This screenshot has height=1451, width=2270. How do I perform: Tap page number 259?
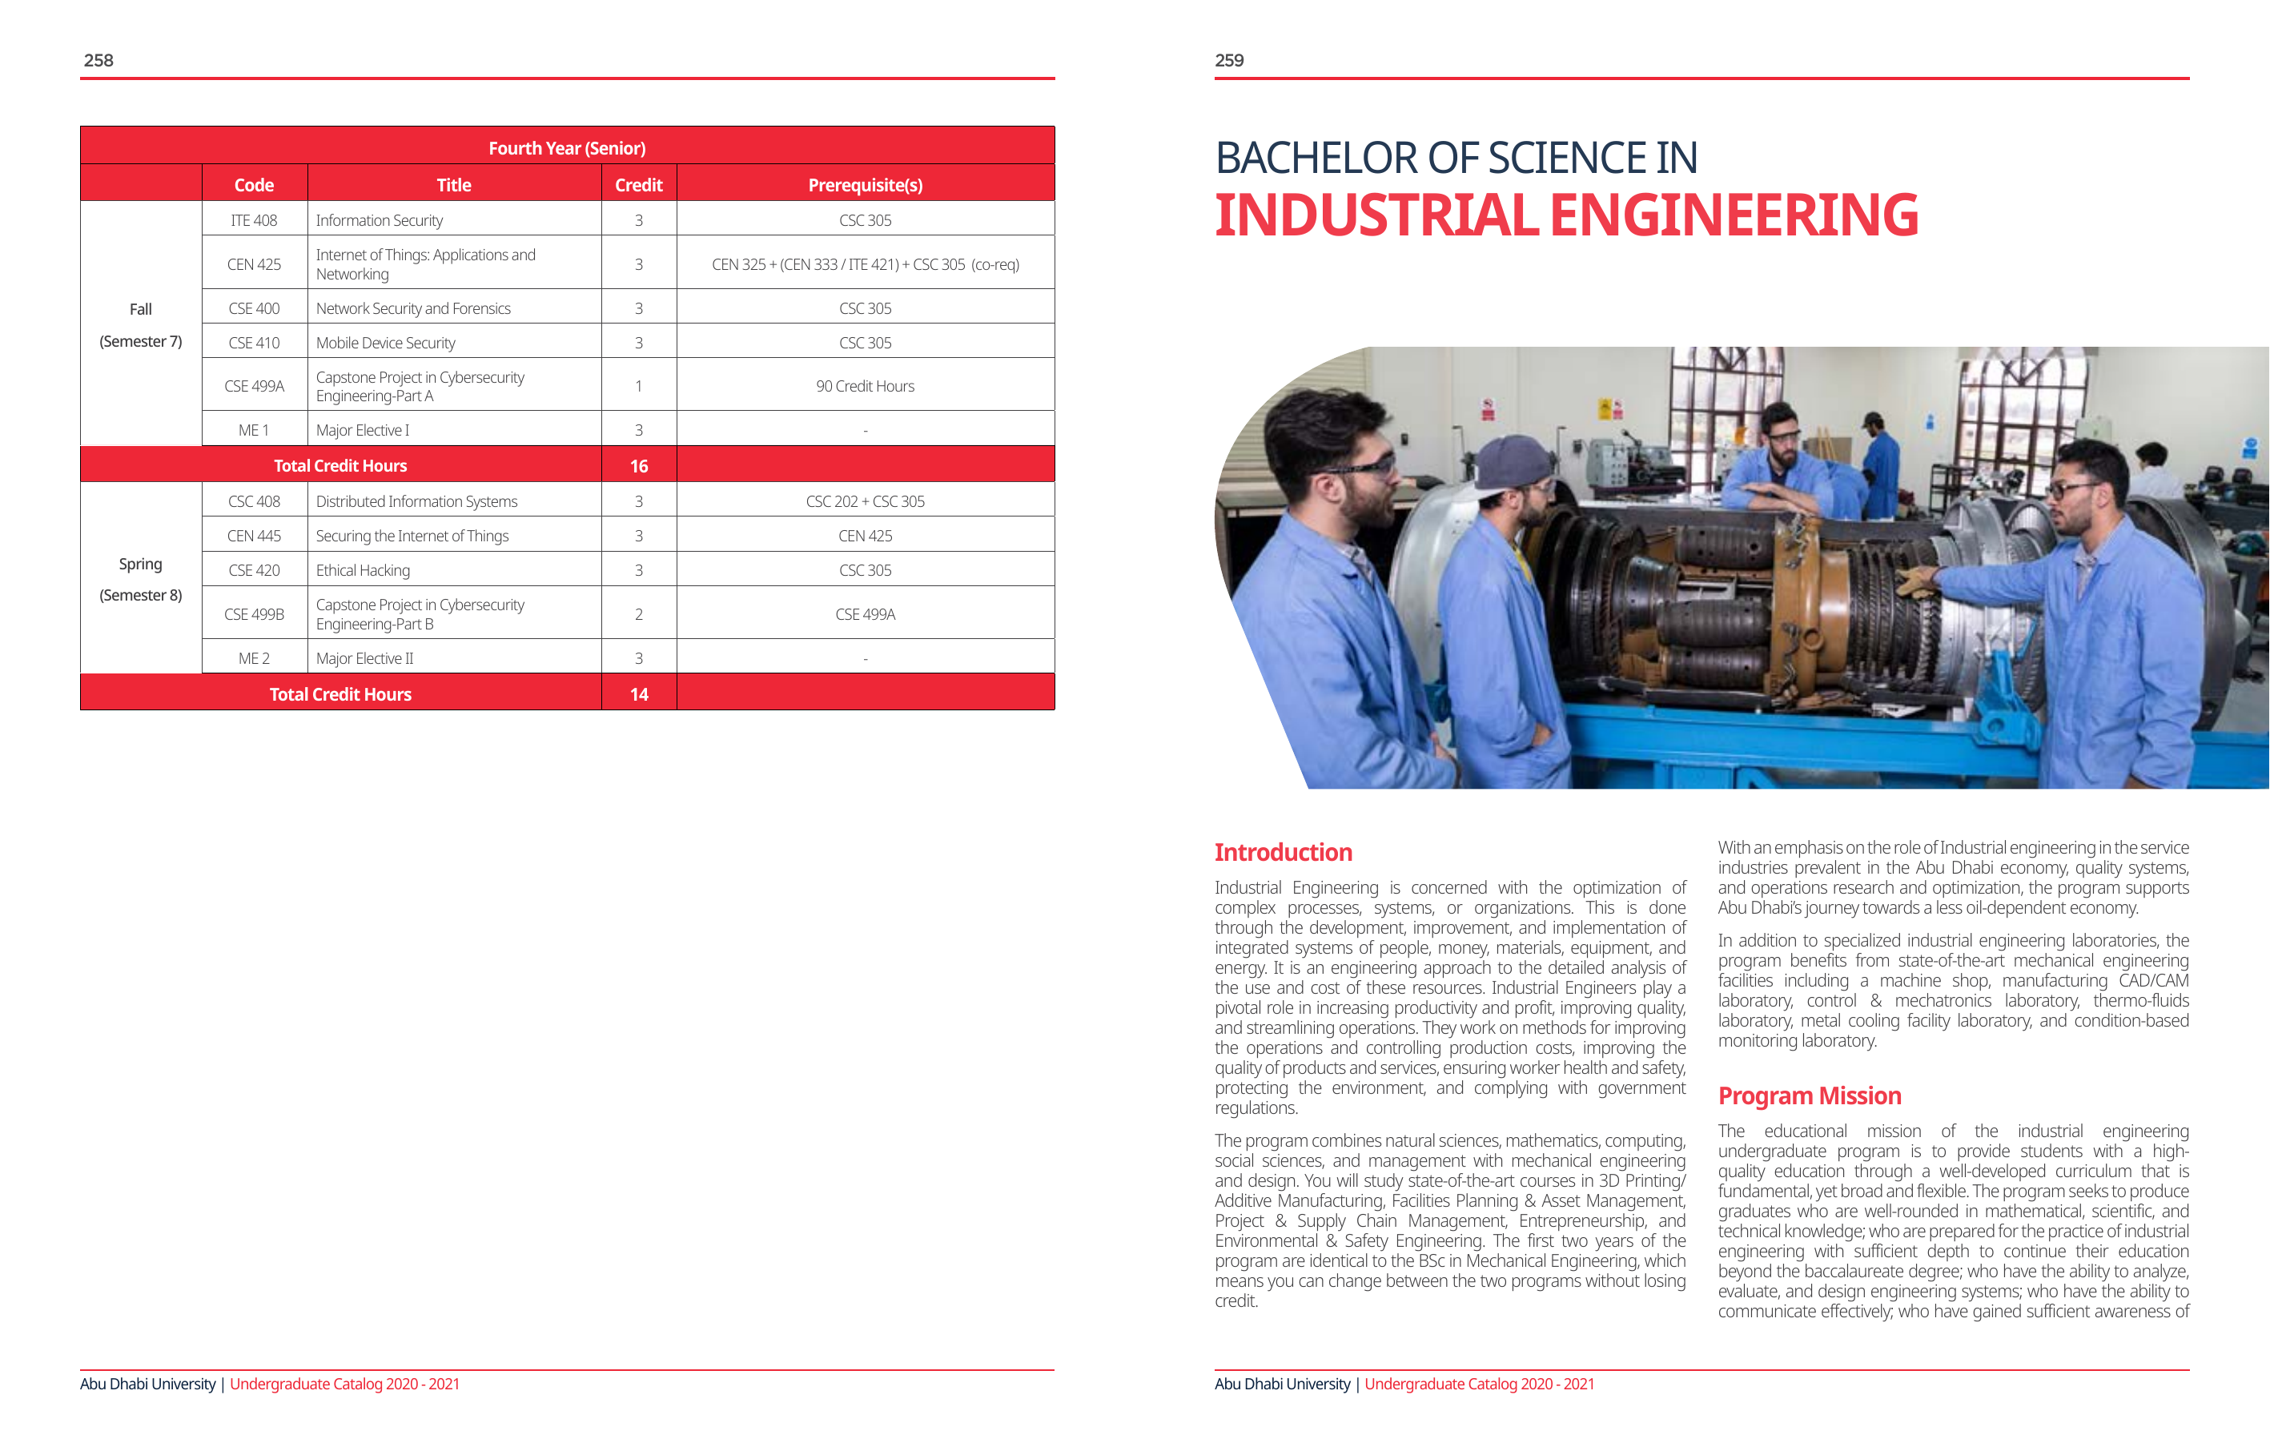coord(1228,60)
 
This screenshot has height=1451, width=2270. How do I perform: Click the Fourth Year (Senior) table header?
coord(567,148)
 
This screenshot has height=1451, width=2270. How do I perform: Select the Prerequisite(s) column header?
coord(865,185)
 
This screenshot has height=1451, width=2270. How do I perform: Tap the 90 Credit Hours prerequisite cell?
coord(865,387)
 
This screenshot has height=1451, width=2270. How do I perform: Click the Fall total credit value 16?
coord(638,466)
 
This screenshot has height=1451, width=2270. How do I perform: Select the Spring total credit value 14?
coord(638,695)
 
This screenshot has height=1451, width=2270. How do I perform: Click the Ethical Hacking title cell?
coord(363,570)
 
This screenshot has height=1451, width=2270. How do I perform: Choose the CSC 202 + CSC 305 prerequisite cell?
coord(865,501)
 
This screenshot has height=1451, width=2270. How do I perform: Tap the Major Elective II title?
coord(365,659)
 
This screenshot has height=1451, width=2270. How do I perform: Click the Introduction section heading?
coord(1282,852)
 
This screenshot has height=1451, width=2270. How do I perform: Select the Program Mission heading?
coord(1809,1095)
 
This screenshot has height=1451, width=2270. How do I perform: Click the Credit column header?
coord(638,185)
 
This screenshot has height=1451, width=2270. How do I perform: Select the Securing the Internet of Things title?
coord(412,537)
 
